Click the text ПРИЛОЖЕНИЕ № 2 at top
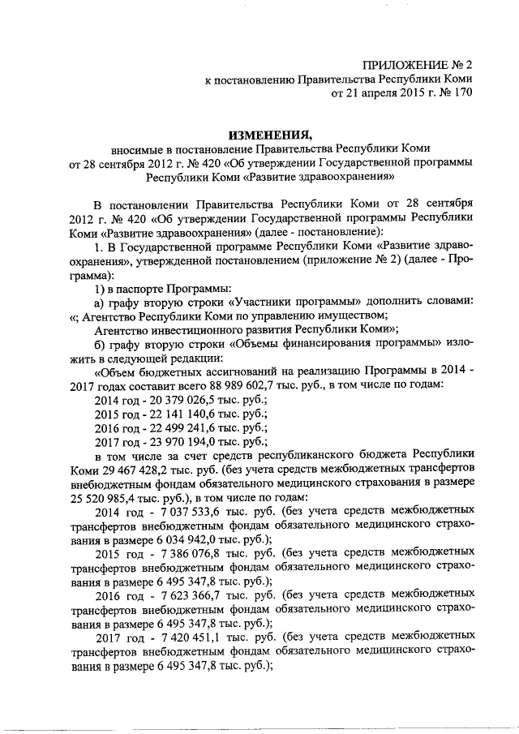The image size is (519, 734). pos(417,63)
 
